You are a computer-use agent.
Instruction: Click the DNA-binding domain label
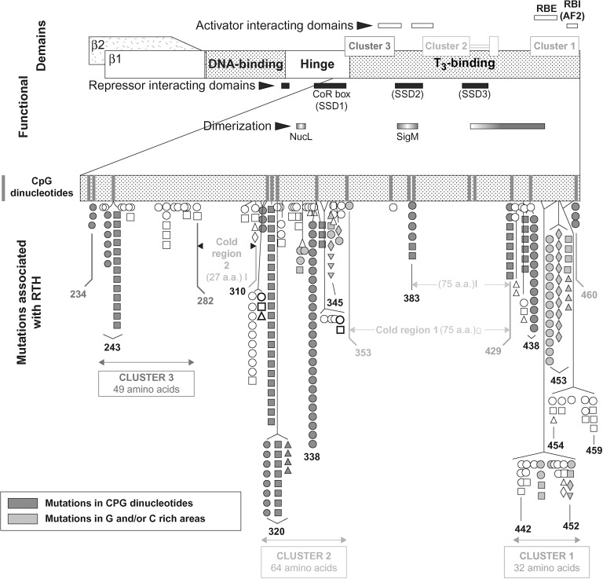click(x=245, y=64)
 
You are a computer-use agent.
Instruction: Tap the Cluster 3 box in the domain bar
click(x=369, y=46)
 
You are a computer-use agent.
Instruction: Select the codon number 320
click(x=276, y=530)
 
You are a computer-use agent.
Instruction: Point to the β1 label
click(x=116, y=58)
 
